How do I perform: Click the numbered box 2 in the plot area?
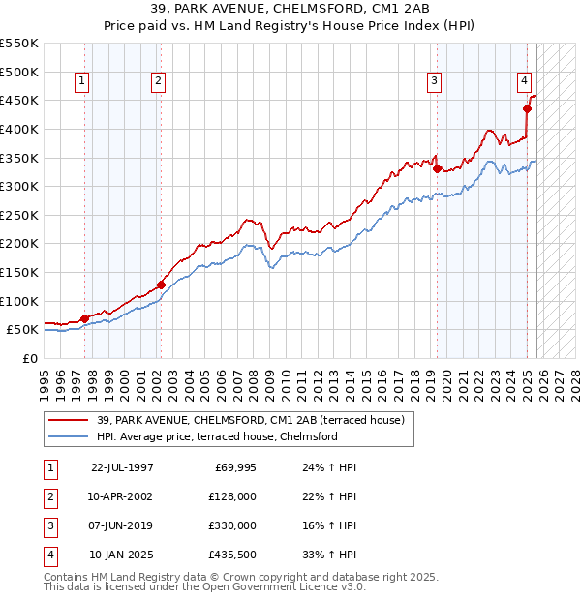click(158, 82)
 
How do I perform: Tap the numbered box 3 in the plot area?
click(435, 82)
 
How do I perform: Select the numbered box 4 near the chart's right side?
click(523, 82)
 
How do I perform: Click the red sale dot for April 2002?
click(161, 285)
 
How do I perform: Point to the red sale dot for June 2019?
click(437, 169)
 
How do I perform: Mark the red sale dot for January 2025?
click(528, 108)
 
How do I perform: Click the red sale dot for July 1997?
click(84, 317)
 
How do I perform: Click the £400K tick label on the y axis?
click(19, 129)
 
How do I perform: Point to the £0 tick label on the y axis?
click(29, 358)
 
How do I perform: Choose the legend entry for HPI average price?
click(217, 436)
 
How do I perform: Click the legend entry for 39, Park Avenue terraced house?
click(256, 420)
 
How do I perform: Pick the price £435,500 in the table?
click(233, 555)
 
